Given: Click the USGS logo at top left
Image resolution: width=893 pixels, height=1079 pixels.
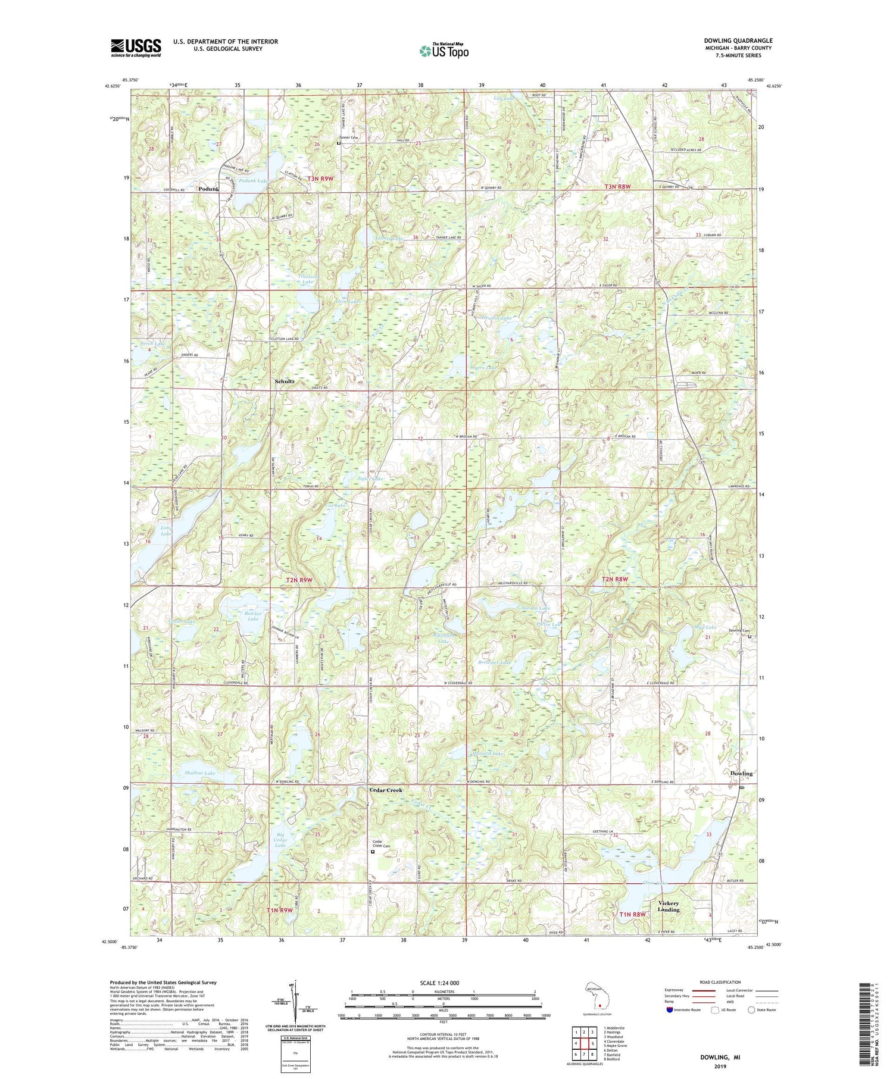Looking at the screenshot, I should click(136, 48).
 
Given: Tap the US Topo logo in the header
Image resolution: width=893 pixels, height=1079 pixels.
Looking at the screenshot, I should click(444, 51).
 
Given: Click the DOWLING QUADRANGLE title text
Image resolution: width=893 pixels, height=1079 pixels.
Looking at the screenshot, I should click(738, 40).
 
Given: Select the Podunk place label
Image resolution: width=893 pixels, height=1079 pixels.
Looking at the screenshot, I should click(208, 189).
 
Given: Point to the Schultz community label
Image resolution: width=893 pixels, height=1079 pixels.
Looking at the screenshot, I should click(284, 381).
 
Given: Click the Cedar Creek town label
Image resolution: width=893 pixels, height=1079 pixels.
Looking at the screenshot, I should click(386, 790).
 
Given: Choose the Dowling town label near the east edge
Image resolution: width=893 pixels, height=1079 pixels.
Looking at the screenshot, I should click(741, 773).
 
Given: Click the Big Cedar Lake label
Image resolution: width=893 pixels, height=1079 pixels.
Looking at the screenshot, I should click(280, 840).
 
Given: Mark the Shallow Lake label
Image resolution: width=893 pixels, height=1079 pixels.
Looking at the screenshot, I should click(199, 772).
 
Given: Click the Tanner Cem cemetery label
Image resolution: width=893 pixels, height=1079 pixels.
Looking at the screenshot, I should click(349, 137).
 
